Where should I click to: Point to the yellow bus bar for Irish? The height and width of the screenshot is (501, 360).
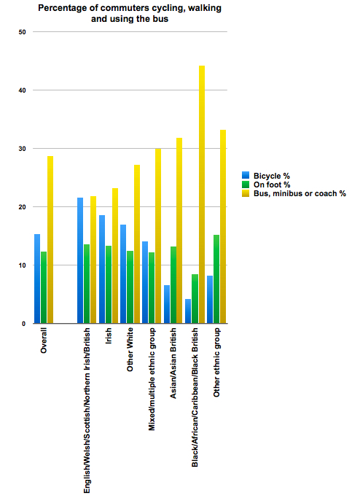pyautogui.click(x=115, y=256)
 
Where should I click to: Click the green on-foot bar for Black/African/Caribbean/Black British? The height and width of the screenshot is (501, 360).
pyautogui.click(x=195, y=299)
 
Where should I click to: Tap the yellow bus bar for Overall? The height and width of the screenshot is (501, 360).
pyautogui.click(x=50, y=240)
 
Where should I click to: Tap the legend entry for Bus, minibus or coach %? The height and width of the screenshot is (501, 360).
pyautogui.click(x=294, y=194)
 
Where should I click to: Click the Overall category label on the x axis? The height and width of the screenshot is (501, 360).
pyautogui.click(x=44, y=341)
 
